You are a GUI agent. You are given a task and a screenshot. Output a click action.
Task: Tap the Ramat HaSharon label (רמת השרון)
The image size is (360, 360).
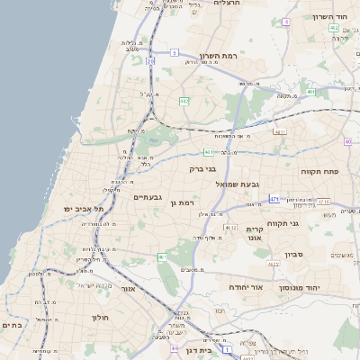tap(219, 55)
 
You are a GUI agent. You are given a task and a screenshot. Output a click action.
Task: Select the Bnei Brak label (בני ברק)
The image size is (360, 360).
tap(203, 168)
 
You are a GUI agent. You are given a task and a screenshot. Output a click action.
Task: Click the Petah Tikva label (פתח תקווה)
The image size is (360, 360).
tap(319, 170)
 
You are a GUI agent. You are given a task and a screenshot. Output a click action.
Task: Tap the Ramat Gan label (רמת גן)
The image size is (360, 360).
tap(181, 203)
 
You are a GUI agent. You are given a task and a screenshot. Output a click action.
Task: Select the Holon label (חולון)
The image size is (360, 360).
tap(99, 318)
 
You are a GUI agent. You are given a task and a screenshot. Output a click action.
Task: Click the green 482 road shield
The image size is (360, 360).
tap(184, 100)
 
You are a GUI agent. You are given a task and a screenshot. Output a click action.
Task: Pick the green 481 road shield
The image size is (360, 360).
tap(208, 152)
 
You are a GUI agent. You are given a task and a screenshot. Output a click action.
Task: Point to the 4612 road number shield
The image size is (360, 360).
tap(231, 228)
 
